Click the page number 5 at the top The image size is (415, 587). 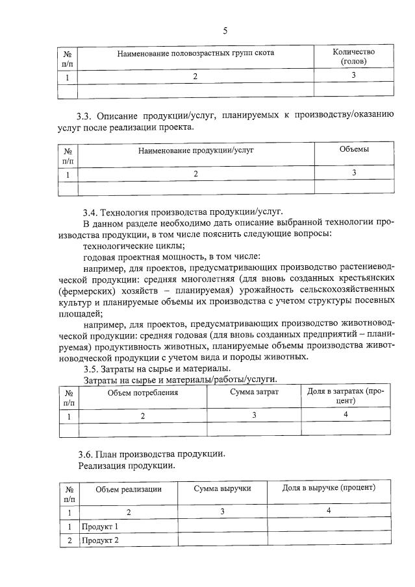[225, 30]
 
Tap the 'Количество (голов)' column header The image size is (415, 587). [353, 56]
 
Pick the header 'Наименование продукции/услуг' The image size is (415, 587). [195, 150]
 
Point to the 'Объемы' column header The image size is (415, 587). [354, 149]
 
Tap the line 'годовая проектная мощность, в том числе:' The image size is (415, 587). [171, 257]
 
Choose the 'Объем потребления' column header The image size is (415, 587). [142, 392]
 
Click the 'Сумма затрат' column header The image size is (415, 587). [254, 392]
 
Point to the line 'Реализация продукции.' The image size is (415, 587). [126, 465]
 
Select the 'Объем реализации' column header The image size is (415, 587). [128, 488]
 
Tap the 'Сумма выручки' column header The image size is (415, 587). [222, 488]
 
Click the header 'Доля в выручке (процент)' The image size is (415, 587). [329, 488]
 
